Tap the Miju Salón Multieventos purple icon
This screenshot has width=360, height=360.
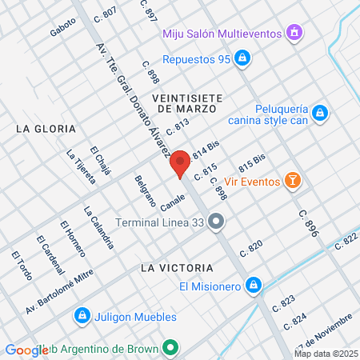[294, 33]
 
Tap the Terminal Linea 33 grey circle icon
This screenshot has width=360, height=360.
[216, 222]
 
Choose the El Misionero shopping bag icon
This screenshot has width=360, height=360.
[253, 285]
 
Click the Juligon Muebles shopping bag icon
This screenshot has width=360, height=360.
[81, 317]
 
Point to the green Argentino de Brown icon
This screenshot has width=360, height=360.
[169, 349]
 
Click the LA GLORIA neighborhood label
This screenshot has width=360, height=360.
[46, 128]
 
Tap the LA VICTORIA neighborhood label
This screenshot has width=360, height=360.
[176, 267]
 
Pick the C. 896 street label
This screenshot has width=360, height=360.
[308, 224]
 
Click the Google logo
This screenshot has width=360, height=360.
[26, 350]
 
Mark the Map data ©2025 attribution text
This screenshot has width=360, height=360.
[325, 354]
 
